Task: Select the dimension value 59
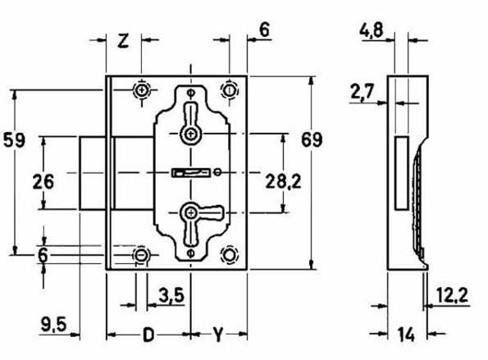point(14,139)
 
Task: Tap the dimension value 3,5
point(171,293)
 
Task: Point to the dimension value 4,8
point(372,32)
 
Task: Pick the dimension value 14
point(404,335)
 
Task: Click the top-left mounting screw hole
point(143,89)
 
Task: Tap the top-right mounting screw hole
point(230,89)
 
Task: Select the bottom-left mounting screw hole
point(143,256)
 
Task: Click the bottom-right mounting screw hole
point(230,256)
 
